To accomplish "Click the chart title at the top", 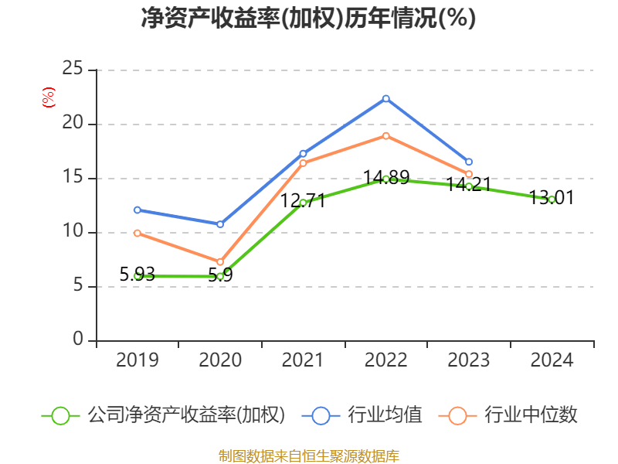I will pyautogui.click(x=308, y=19).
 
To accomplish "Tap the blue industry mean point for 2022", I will pyautogui.click(x=385, y=98).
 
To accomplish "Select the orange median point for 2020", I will pyautogui.click(x=220, y=261).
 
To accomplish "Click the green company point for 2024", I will pyautogui.click(x=552, y=200).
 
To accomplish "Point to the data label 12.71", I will pyautogui.click(x=303, y=201).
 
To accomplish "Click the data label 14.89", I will pyautogui.click(x=386, y=178).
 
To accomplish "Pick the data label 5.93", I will pyautogui.click(x=138, y=274).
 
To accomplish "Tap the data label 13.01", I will pyautogui.click(x=552, y=198).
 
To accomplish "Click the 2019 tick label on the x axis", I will pyautogui.click(x=138, y=360).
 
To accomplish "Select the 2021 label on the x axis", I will pyautogui.click(x=303, y=360).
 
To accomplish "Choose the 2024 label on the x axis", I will pyautogui.click(x=552, y=360).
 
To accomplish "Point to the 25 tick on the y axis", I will pyautogui.click(x=73, y=70).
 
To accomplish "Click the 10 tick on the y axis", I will pyautogui.click(x=73, y=232).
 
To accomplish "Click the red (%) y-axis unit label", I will pyautogui.click(x=48, y=97).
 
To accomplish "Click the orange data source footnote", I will pyautogui.click(x=309, y=455).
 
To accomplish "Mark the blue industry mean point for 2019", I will pyautogui.click(x=138, y=210).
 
